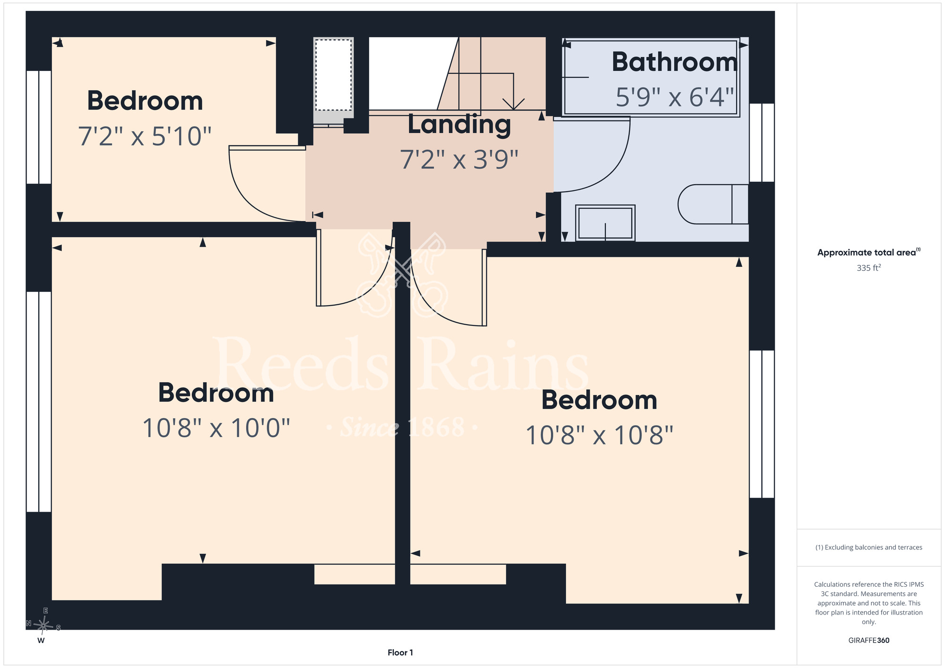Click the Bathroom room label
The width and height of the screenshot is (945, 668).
coord(674,62)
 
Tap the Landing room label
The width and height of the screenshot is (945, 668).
coord(459,125)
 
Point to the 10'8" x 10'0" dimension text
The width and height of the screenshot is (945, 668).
coord(216,428)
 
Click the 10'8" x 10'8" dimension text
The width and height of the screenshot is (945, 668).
coord(599,435)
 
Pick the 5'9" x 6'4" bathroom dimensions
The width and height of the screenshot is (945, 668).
coord(675,97)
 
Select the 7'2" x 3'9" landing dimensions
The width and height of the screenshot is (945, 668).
coord(459,159)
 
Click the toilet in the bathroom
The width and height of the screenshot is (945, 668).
coord(713,204)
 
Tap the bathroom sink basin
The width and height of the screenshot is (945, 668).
coord(605,223)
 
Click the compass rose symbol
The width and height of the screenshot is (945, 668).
coord(43,625)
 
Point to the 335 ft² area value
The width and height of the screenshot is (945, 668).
coord(868,267)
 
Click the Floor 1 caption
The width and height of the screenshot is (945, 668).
coord(400,652)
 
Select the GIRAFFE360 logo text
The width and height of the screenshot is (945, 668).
coord(868,640)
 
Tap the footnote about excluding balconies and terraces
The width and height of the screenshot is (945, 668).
coord(868,547)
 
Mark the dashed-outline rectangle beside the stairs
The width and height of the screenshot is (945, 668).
coord(334,75)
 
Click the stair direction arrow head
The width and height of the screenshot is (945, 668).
coord(514,104)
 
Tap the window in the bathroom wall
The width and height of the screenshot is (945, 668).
coord(762,143)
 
